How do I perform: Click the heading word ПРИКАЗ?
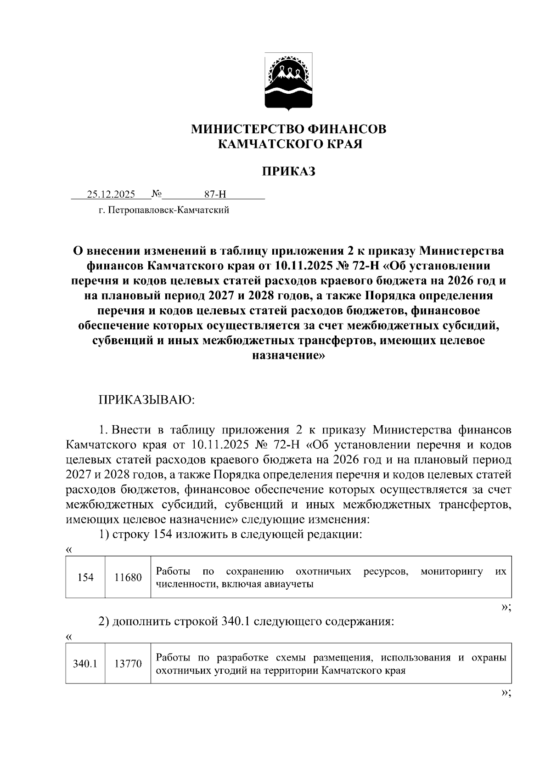(288, 172)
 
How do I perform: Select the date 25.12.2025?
(111, 194)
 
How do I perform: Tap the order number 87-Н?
(215, 194)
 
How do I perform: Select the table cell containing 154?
(85, 578)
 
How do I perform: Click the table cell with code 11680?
(128, 578)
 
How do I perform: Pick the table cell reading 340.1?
(85, 664)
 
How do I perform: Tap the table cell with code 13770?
(128, 664)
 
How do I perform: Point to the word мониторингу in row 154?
(451, 571)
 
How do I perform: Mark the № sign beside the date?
(156, 194)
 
